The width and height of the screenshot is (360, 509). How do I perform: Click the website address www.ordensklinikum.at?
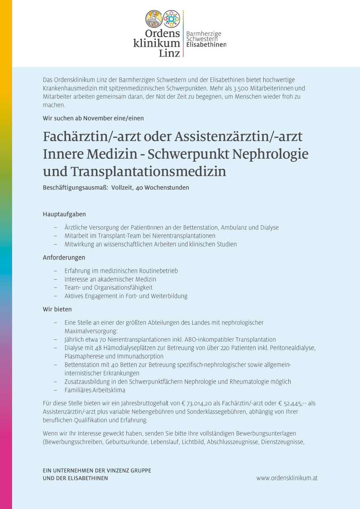(287, 478)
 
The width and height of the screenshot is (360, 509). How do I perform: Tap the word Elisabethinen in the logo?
(206, 45)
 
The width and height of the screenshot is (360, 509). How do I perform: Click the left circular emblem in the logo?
(154, 19)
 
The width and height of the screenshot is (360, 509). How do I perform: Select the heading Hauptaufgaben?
(64, 214)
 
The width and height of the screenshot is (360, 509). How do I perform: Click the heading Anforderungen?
(64, 257)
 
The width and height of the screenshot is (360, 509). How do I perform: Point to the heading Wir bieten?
(57, 309)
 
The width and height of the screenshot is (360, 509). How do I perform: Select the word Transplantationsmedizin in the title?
(148, 171)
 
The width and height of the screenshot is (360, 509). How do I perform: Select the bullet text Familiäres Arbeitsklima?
(95, 390)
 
